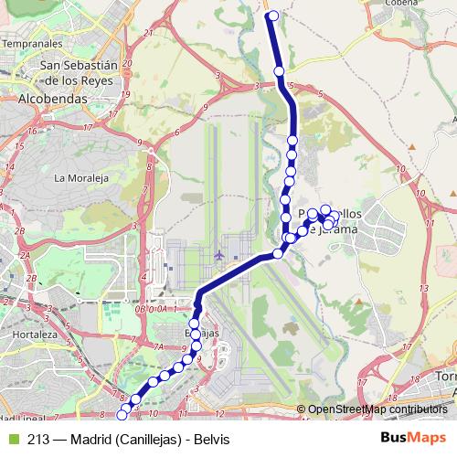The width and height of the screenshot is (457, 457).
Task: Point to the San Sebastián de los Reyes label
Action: tap(80, 72)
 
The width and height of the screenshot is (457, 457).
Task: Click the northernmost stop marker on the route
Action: tap(271, 15)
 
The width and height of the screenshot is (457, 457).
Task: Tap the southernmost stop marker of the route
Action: tap(122, 415)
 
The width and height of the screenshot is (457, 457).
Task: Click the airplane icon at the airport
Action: tap(218, 254)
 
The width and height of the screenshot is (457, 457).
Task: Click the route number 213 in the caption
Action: tap(38, 440)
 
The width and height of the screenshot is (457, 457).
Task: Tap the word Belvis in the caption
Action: tap(211, 440)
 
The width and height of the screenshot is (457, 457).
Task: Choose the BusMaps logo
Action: tap(414, 439)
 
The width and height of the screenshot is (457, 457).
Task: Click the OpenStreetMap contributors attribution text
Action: tap(377, 409)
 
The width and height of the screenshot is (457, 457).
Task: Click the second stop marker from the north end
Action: tap(279, 71)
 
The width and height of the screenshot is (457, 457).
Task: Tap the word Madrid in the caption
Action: tap(90, 440)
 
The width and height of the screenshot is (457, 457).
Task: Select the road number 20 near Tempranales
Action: tap(127, 62)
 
